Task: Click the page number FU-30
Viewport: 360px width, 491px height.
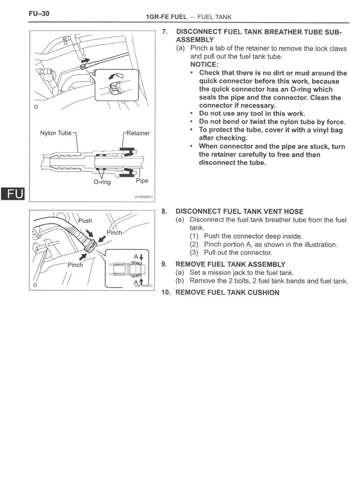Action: click(x=39, y=13)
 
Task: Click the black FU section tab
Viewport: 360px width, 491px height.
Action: click(x=13, y=194)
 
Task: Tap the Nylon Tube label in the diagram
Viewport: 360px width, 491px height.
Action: click(x=56, y=133)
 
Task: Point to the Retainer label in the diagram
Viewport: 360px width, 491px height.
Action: click(x=138, y=133)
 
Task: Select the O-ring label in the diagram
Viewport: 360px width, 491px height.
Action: click(x=102, y=182)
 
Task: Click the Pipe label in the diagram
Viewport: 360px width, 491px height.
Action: click(x=142, y=181)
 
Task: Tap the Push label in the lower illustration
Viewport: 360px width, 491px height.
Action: click(x=85, y=220)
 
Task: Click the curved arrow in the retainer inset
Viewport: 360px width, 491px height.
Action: click(x=115, y=76)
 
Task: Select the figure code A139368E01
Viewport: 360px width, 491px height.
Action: click(x=144, y=197)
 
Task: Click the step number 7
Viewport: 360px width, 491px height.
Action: click(x=165, y=31)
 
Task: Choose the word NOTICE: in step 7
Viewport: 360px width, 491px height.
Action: click(x=204, y=64)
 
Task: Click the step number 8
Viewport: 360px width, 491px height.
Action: click(x=164, y=211)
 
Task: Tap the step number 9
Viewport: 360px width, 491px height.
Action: click(x=164, y=264)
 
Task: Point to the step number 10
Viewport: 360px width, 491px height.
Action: click(x=166, y=293)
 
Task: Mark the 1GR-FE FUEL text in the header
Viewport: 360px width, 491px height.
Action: click(x=166, y=17)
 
